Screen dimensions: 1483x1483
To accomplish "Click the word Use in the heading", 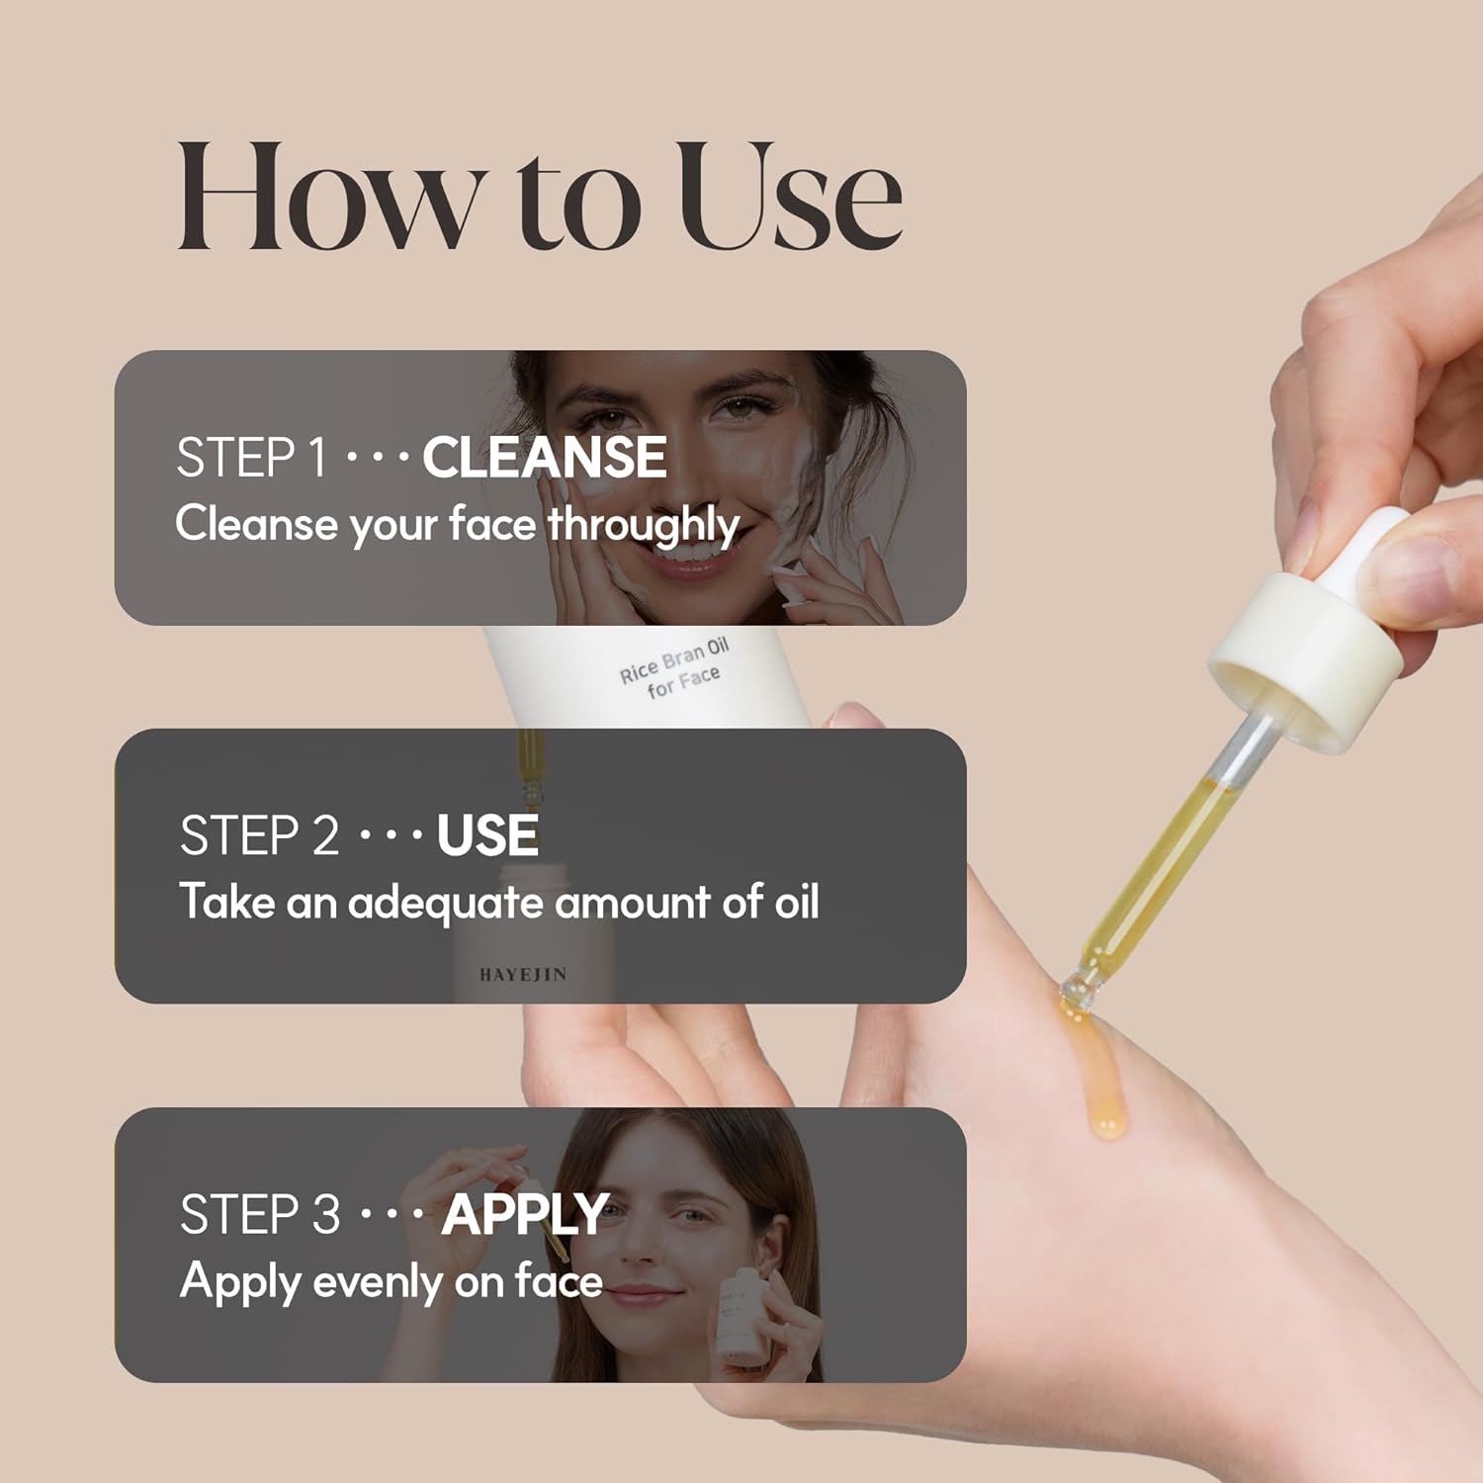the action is pyautogui.click(x=791, y=195).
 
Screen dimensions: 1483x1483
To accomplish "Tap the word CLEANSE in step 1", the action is pyautogui.click(x=545, y=458).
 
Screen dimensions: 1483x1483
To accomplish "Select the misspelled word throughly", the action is pyautogui.click(x=644, y=524).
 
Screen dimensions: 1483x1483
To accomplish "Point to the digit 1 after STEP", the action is pyautogui.click(x=316, y=458).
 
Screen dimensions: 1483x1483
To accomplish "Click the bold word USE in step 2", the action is pyautogui.click(x=487, y=836).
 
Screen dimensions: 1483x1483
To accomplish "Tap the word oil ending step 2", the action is pyautogui.click(x=797, y=902).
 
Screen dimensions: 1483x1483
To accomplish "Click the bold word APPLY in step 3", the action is pyautogui.click(x=525, y=1215).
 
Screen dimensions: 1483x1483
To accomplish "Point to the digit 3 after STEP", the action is pyautogui.click(x=326, y=1215).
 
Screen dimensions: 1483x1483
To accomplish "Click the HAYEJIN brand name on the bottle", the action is pyautogui.click(x=523, y=975).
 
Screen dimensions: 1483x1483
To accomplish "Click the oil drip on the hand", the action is pyautogui.click(x=1097, y=1073).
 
